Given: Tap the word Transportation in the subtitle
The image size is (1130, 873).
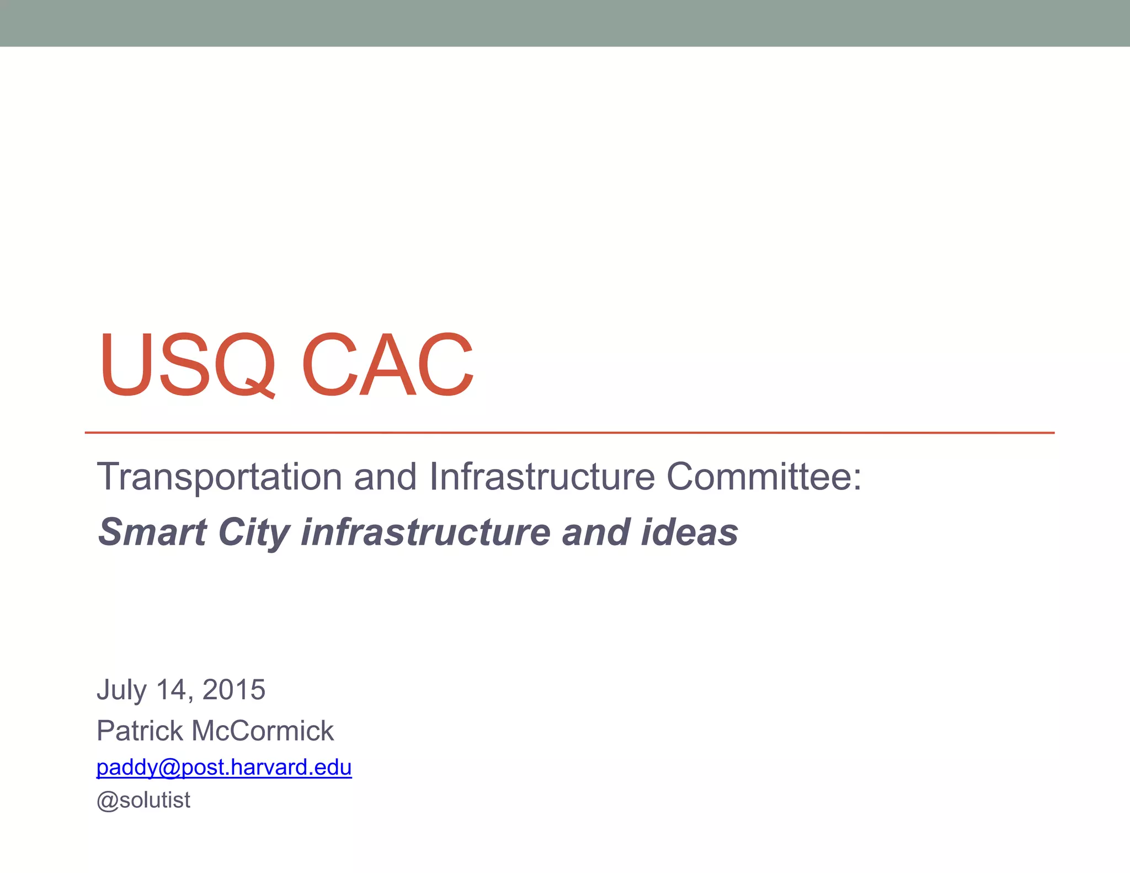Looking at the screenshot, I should point(220,477).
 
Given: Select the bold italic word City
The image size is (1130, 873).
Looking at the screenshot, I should point(254,533).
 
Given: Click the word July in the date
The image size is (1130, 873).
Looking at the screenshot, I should point(121,690).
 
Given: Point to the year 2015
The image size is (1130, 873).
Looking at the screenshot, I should point(234,690).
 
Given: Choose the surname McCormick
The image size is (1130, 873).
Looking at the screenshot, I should point(263,731).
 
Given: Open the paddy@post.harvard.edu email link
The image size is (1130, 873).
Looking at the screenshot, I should point(224,767).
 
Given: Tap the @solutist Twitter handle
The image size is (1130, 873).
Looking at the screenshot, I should point(143,800).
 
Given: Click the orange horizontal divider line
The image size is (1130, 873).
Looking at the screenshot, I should point(569,433).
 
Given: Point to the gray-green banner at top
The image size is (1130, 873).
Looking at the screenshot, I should point(565,23).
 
